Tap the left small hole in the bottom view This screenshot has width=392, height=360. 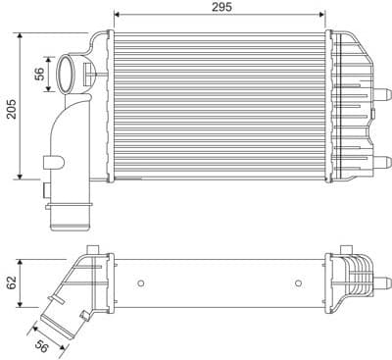coord(142,284)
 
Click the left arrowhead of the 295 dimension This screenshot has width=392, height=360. coord(119,16)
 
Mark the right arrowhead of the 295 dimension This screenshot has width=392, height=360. coord(323,16)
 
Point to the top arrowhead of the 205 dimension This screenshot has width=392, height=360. coord(20,35)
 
